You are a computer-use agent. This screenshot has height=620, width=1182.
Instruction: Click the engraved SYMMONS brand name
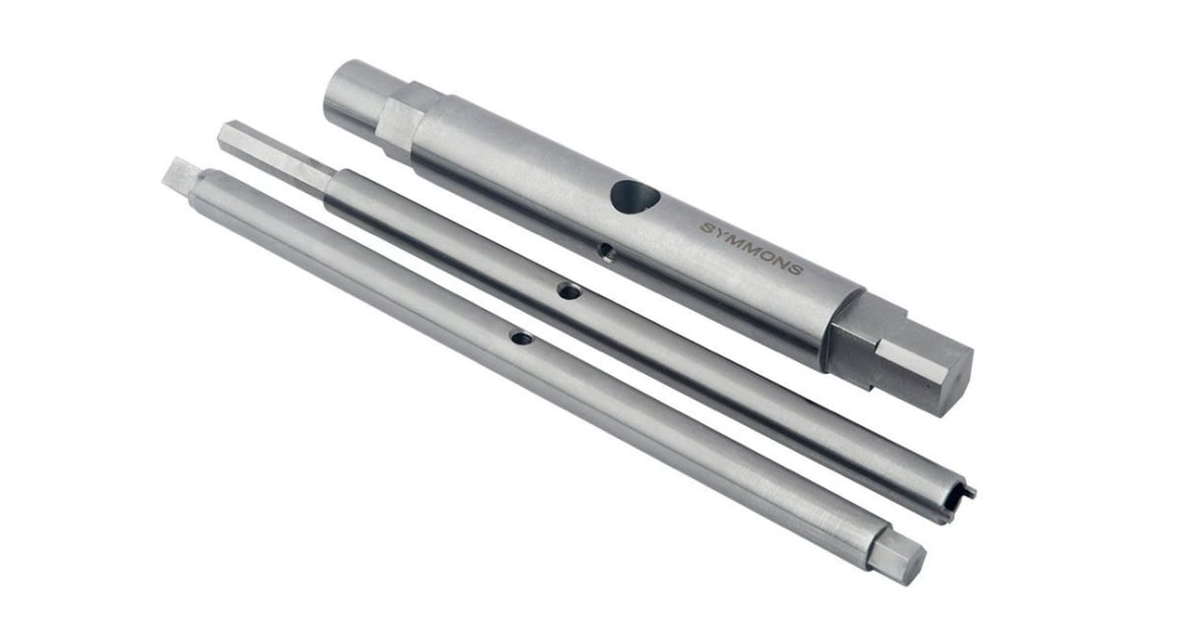coord(752,248)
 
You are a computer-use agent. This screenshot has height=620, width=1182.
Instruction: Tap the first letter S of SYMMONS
coord(706,227)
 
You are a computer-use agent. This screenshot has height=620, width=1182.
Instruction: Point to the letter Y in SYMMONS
coord(720,233)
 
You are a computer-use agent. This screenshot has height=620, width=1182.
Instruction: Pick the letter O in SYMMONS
coord(767,255)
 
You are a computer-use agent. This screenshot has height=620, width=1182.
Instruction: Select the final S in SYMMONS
coord(796,268)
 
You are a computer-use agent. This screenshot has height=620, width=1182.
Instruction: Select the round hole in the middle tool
coord(567,290)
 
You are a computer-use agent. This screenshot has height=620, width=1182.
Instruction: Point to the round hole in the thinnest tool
coord(520,339)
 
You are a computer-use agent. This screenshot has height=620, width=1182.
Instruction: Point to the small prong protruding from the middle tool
coord(970,490)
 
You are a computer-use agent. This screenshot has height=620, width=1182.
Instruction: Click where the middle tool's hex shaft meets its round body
coord(330,181)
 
